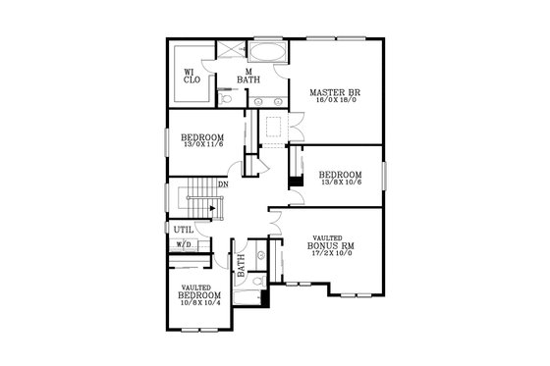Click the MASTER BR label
(x=332, y=93)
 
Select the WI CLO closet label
(x=192, y=76)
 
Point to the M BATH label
(x=250, y=76)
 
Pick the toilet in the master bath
(x=227, y=98)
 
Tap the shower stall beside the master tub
(x=230, y=52)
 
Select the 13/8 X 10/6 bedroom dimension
(x=341, y=183)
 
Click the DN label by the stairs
(x=224, y=183)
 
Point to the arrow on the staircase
(x=211, y=207)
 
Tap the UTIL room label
(x=184, y=230)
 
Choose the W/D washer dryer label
(x=184, y=244)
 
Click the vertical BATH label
(x=240, y=264)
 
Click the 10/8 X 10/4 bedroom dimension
(x=199, y=302)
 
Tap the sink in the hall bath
(x=260, y=256)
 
